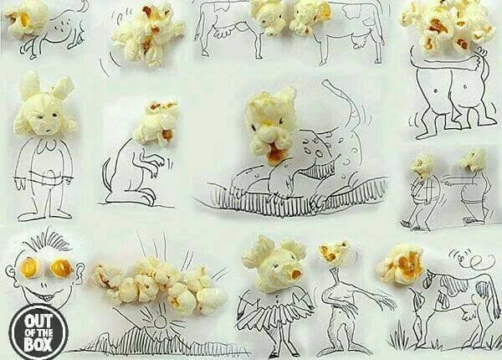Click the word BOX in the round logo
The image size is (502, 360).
(x=38, y=345)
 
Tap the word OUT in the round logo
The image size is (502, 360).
(x=38, y=321)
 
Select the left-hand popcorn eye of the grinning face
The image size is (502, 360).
(x=30, y=268)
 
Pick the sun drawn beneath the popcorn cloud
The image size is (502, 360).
(x=160, y=321)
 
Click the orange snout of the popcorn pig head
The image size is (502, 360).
(x=295, y=274)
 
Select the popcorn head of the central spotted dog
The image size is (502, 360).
(x=271, y=126)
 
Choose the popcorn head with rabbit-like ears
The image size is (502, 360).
(x=45, y=105)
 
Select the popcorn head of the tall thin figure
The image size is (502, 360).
(x=334, y=255)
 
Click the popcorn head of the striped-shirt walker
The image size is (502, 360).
(x=422, y=165)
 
